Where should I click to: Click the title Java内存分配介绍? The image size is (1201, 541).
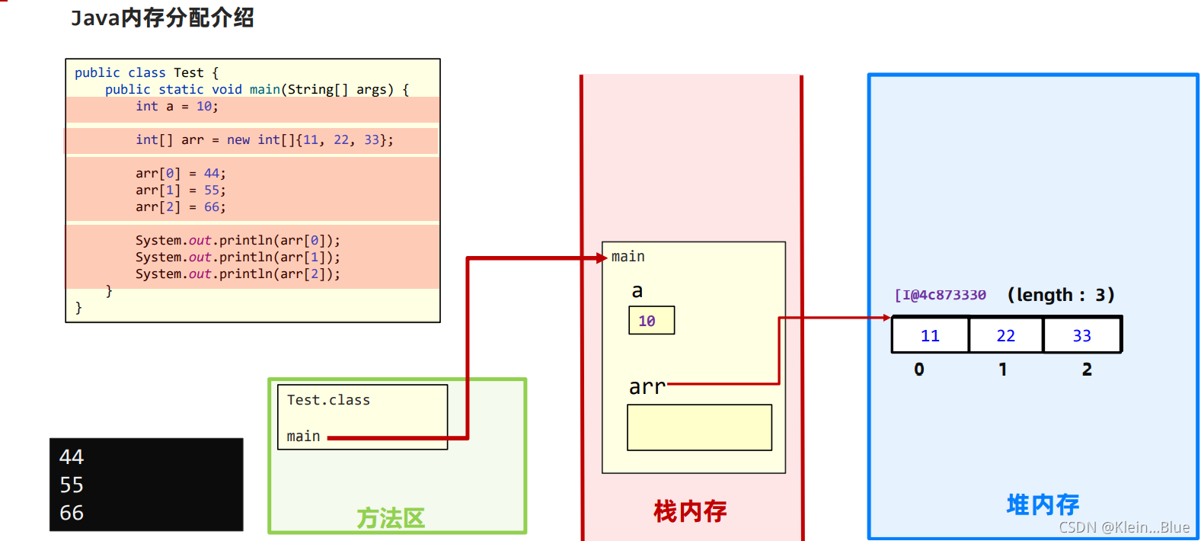point(162,18)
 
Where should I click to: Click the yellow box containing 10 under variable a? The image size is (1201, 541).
point(651,321)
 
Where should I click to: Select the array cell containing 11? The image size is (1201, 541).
point(930,335)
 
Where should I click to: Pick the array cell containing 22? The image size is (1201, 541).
point(1005,335)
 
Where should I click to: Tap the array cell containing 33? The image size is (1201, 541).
point(1081,335)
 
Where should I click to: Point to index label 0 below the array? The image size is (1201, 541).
point(919,370)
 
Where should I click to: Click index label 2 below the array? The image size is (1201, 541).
point(1087,370)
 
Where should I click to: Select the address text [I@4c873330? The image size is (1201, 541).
point(941,295)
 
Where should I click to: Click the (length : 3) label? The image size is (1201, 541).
point(1060,295)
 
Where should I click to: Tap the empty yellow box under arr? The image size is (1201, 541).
point(699,427)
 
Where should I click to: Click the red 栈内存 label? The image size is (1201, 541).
point(690,511)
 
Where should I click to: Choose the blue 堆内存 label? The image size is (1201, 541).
point(1043,504)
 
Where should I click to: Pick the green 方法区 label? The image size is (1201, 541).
point(391,518)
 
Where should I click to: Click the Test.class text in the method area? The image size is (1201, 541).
point(328,400)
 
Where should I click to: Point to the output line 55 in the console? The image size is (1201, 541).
point(72,485)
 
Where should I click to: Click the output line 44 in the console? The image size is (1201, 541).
point(72,456)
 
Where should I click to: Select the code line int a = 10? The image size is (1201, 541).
point(177,107)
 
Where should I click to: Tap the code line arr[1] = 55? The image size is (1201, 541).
point(180,190)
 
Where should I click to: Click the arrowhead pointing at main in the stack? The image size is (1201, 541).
point(602,258)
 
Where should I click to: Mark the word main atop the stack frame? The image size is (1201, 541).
point(628,257)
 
